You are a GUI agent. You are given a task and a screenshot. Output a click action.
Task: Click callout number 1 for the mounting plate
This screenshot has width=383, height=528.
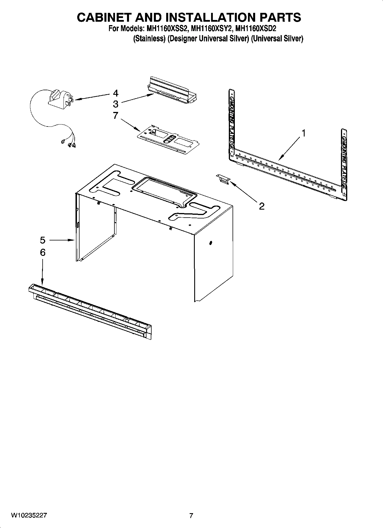coord(304,133)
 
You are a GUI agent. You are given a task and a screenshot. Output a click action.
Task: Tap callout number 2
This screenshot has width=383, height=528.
coord(261,206)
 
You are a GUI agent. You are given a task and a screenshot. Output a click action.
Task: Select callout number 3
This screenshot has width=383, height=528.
coord(116,104)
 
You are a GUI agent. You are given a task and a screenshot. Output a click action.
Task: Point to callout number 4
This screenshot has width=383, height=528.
coord(116,93)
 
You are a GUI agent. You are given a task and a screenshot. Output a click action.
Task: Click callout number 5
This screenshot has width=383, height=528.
coord(42,240)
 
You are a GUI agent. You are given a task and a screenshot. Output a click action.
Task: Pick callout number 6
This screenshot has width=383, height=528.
coord(42,252)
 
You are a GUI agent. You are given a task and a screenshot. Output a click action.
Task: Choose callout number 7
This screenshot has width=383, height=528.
coord(116,115)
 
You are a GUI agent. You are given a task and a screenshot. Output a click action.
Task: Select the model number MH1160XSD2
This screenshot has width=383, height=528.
coord(255,29)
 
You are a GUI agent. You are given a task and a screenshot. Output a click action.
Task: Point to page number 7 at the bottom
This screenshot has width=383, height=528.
coord(191,515)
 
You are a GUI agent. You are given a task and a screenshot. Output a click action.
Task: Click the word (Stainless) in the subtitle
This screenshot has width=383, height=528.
coord(149,39)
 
